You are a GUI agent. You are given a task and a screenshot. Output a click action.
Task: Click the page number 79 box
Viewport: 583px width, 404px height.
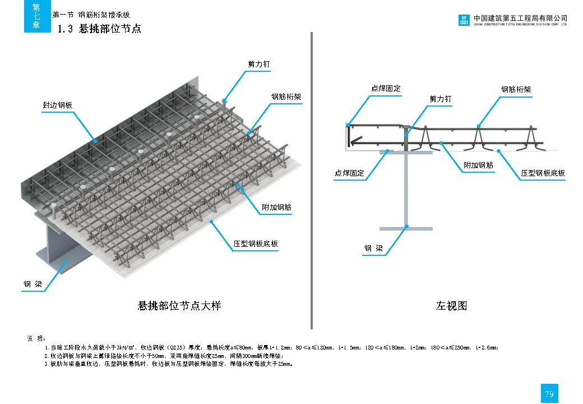[x=549, y=394]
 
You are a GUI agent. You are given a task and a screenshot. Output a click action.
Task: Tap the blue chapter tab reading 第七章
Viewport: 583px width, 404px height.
[x=37, y=16]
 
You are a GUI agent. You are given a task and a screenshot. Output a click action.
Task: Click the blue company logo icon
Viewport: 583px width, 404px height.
[x=464, y=21]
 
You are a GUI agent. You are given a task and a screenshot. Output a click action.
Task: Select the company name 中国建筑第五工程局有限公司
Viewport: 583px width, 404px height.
[x=520, y=18]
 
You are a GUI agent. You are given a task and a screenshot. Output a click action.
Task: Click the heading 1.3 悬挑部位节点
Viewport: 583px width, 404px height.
[x=100, y=29]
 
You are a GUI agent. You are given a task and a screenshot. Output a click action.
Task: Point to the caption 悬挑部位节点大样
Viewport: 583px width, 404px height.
[x=179, y=306]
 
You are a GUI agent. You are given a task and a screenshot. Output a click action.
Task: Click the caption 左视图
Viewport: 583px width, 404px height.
[x=452, y=306]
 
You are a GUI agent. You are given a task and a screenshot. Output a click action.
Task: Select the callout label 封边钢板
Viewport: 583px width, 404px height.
[x=58, y=105]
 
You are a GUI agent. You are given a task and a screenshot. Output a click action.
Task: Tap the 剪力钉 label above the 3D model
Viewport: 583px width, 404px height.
[x=259, y=65]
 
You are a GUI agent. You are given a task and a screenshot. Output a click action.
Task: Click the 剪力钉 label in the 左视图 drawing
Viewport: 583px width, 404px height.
[x=441, y=99]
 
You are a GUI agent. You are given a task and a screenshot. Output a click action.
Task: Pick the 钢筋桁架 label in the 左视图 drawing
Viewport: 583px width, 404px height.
[x=516, y=89]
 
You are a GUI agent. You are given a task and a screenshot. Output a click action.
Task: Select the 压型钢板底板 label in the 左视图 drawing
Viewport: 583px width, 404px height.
[x=543, y=173]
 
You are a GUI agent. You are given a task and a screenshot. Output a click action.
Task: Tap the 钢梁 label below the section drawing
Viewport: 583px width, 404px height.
[x=374, y=248]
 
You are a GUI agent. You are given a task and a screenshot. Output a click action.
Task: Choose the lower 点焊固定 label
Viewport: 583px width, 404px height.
[x=350, y=173]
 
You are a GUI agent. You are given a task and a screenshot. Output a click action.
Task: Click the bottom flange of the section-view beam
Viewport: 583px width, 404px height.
[x=406, y=228]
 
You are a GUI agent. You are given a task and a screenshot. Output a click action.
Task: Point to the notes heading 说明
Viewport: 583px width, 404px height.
[x=36, y=339]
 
